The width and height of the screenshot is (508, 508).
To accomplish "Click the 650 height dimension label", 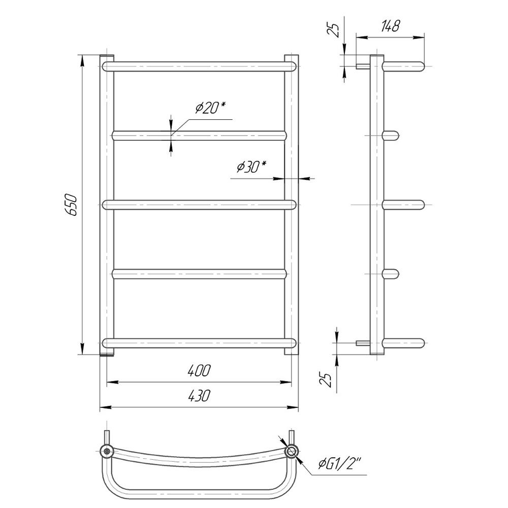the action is click(71, 205).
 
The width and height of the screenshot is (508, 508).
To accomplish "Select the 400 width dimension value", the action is click(199, 371).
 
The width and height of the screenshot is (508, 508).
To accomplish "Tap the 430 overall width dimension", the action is click(199, 396).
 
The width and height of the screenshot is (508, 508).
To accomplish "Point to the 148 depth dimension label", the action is click(390, 26).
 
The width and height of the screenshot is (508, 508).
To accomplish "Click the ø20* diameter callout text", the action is click(210, 108).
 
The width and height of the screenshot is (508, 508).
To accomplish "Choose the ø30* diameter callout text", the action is click(251, 167).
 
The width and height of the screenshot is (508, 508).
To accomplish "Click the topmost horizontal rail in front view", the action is click(199, 67).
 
